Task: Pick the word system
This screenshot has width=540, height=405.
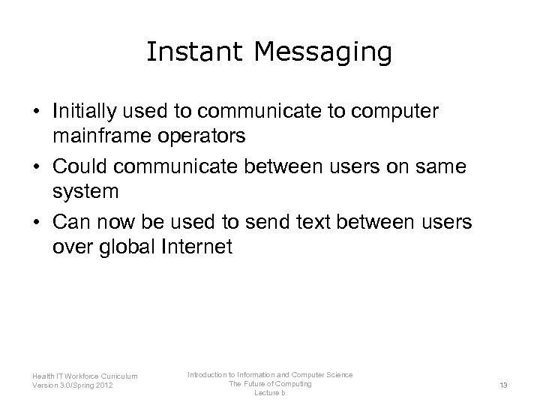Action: coord(85,192)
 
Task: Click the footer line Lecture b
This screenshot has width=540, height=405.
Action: coord(270,393)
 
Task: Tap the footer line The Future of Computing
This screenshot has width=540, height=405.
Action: coord(271,384)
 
